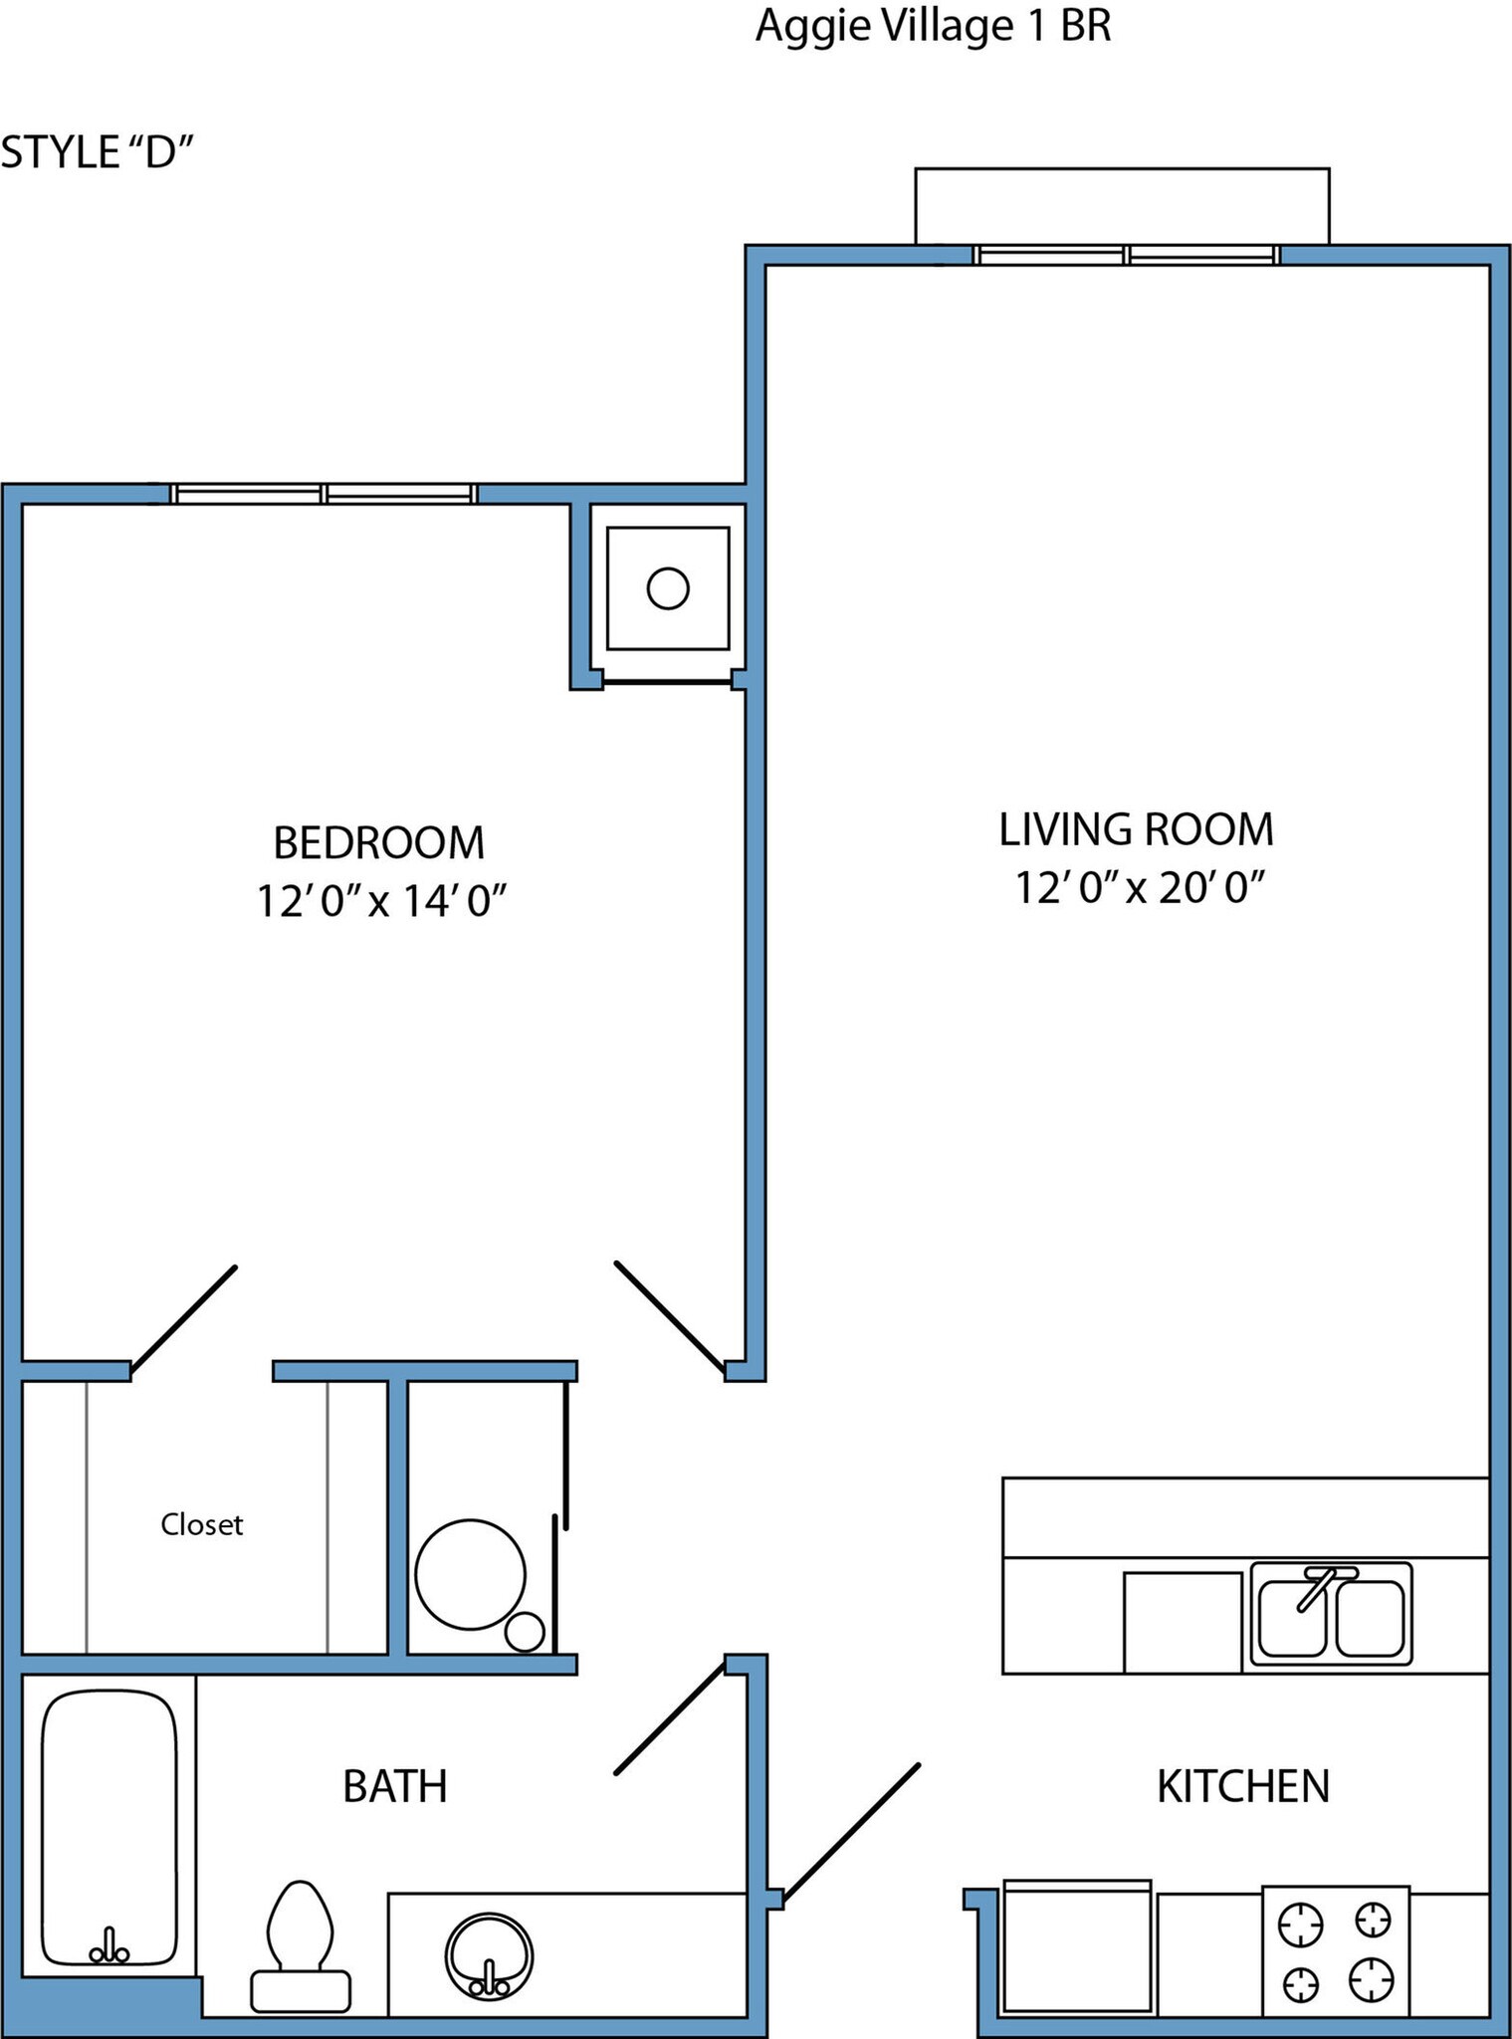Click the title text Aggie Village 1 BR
pyautogui.click(x=933, y=26)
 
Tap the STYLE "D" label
pyautogui.click(x=97, y=152)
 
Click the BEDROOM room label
pyautogui.click(x=378, y=843)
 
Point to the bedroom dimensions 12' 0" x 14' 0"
pyautogui.click(x=382, y=901)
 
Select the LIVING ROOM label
pyautogui.click(x=1136, y=829)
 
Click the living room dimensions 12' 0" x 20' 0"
pyautogui.click(x=1139, y=886)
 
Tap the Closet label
pyautogui.click(x=202, y=1524)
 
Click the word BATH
pyautogui.click(x=394, y=1787)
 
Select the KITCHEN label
pyautogui.click(x=1242, y=1787)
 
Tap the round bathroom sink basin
pyautogui.click(x=489, y=1955)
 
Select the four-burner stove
pyautogui.click(x=1335, y=1950)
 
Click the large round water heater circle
pyautogui.click(x=470, y=1575)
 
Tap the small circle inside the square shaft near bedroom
pyautogui.click(x=668, y=588)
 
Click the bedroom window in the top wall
pyautogui.click(x=324, y=494)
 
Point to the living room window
pyautogui.click(x=1127, y=255)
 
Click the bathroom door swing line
pyautogui.click(x=669, y=1717)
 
